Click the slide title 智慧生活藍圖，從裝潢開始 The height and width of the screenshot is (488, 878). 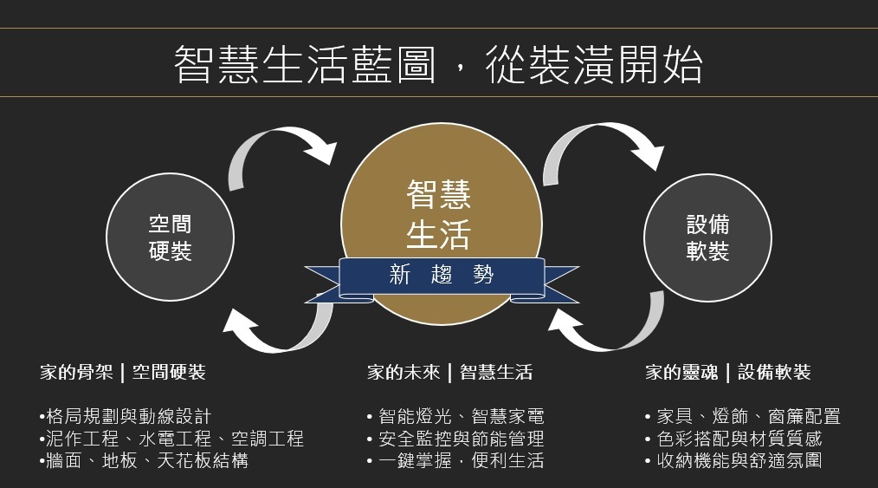(438, 64)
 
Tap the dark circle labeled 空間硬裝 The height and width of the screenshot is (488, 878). (170, 237)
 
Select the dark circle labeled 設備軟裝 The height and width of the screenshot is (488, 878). (707, 237)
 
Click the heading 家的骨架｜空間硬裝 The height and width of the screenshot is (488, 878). (123, 373)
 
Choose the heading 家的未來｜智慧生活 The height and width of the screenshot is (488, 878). (449, 373)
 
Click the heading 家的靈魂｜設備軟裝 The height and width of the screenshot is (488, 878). (728, 373)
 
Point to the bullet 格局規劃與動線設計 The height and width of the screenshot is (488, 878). (126, 417)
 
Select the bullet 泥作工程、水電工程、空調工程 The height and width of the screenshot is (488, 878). (172, 439)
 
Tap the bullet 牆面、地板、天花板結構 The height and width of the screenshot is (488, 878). (145, 460)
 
